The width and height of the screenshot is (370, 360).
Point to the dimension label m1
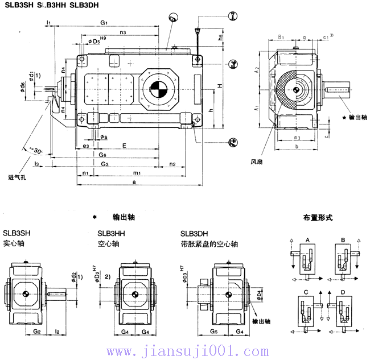(x=137, y=172)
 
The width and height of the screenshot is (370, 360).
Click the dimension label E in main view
(x=124, y=146)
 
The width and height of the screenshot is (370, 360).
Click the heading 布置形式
(x=319, y=217)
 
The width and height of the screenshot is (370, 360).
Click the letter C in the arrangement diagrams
(x=306, y=292)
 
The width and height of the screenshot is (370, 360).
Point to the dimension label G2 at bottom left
(x=36, y=330)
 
